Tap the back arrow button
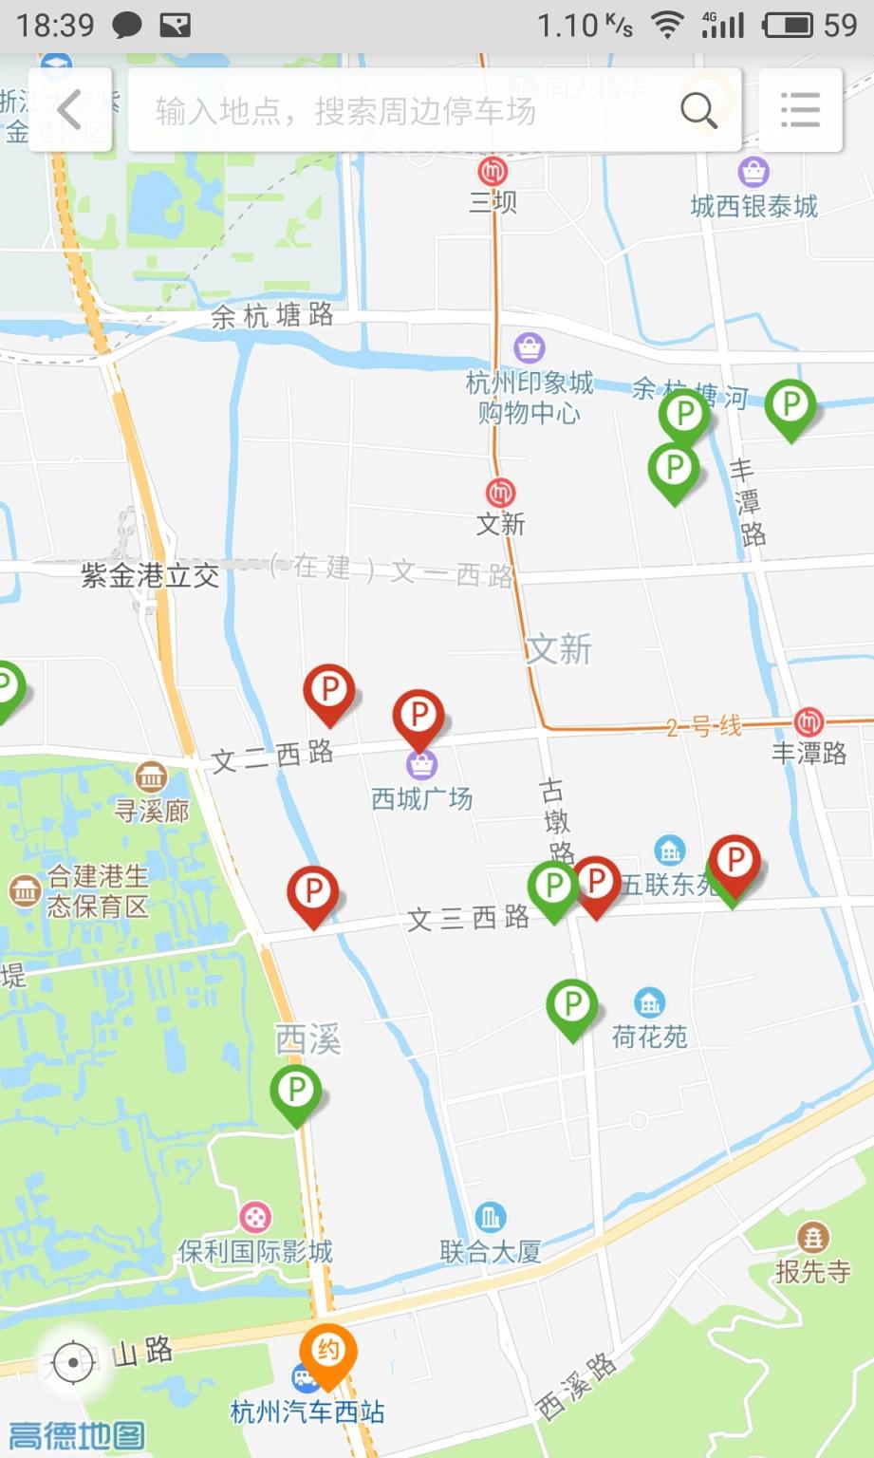(x=69, y=110)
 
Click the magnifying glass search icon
(x=698, y=111)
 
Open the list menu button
(x=800, y=110)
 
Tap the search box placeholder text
(x=345, y=111)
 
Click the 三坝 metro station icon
(x=493, y=172)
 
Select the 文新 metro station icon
(x=500, y=493)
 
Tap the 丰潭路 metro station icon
(x=809, y=721)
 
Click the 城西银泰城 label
(x=753, y=206)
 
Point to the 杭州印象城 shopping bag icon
(x=529, y=347)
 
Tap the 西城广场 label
(x=421, y=798)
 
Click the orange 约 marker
(x=328, y=1352)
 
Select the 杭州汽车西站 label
(x=307, y=1411)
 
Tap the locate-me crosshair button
(x=74, y=1362)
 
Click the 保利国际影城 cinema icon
(x=255, y=1216)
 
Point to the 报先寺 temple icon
(x=812, y=1237)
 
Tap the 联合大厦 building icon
(x=490, y=1216)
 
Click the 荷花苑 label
(x=649, y=1036)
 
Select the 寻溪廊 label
(x=152, y=810)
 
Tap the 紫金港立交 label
(x=150, y=575)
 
